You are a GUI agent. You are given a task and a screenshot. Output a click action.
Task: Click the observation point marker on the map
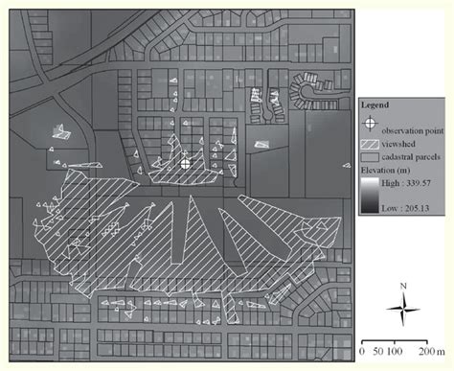pyautogui.click(x=186, y=165)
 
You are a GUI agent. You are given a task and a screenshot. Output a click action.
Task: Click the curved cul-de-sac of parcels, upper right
pyautogui.click(x=307, y=88)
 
